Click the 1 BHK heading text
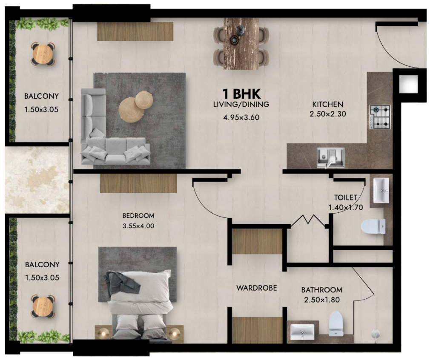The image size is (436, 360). (241, 94)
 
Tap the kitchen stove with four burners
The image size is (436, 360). (380, 117)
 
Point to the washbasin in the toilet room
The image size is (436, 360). (381, 190)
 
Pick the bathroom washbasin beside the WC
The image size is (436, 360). (302, 331)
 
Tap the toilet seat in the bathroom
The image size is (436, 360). (336, 323)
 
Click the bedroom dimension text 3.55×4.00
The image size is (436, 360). (138, 226)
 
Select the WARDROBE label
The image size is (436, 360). (257, 288)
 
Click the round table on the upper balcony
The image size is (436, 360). (43, 54)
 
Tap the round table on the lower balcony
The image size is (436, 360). (43, 306)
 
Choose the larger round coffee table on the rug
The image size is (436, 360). (131, 110)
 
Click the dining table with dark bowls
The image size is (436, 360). (241, 44)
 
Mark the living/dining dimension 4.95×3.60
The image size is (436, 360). (241, 117)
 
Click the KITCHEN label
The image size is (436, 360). (328, 104)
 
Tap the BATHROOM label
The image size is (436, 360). (322, 290)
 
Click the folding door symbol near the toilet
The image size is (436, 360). (310, 220)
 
